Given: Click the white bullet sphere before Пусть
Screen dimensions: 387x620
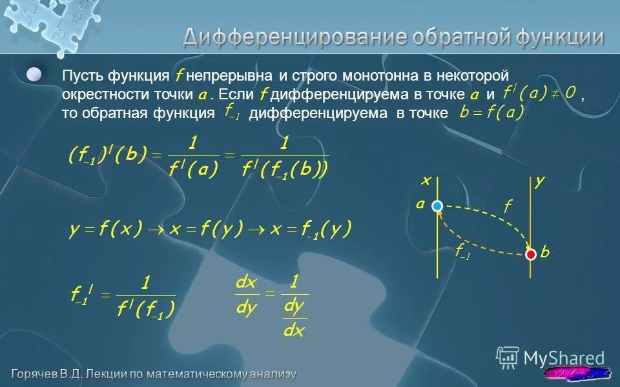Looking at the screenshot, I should [34, 74].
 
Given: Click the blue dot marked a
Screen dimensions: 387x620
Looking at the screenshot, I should [438, 206].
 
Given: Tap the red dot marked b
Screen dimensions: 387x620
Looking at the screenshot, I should [531, 254].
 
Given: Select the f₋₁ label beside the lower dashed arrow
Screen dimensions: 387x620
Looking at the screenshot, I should [462, 253].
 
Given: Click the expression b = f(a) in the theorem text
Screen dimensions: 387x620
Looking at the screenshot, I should [491, 113].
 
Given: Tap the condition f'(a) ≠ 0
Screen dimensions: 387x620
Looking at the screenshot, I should [539, 93].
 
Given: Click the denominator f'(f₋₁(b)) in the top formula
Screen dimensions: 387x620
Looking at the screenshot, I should [285, 170].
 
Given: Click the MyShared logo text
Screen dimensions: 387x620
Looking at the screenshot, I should [563, 358].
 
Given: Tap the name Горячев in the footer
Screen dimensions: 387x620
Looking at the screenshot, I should [39, 373].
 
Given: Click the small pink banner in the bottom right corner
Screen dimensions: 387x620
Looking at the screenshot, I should [578, 373].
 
